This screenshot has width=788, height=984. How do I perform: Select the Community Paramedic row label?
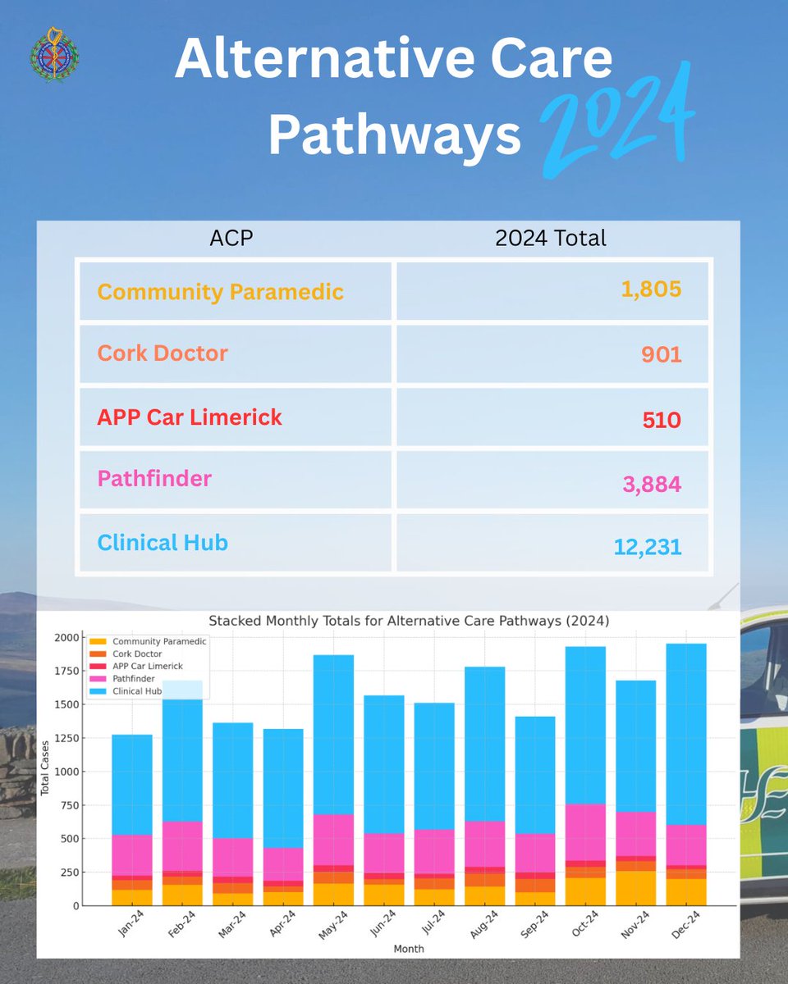pos(220,291)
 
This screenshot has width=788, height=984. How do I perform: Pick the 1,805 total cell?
pos(651,289)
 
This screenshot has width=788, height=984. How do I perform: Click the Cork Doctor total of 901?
pos(661,354)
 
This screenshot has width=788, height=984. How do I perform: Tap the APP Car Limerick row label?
pos(190,417)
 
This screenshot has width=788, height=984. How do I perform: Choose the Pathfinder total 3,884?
pos(651,484)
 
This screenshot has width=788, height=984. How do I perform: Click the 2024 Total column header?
pos(551,238)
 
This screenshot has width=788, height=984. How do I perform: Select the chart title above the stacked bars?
pos(409,622)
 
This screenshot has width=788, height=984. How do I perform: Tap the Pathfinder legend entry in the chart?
pos(133,679)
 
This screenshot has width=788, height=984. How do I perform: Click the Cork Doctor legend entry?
pos(137,654)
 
